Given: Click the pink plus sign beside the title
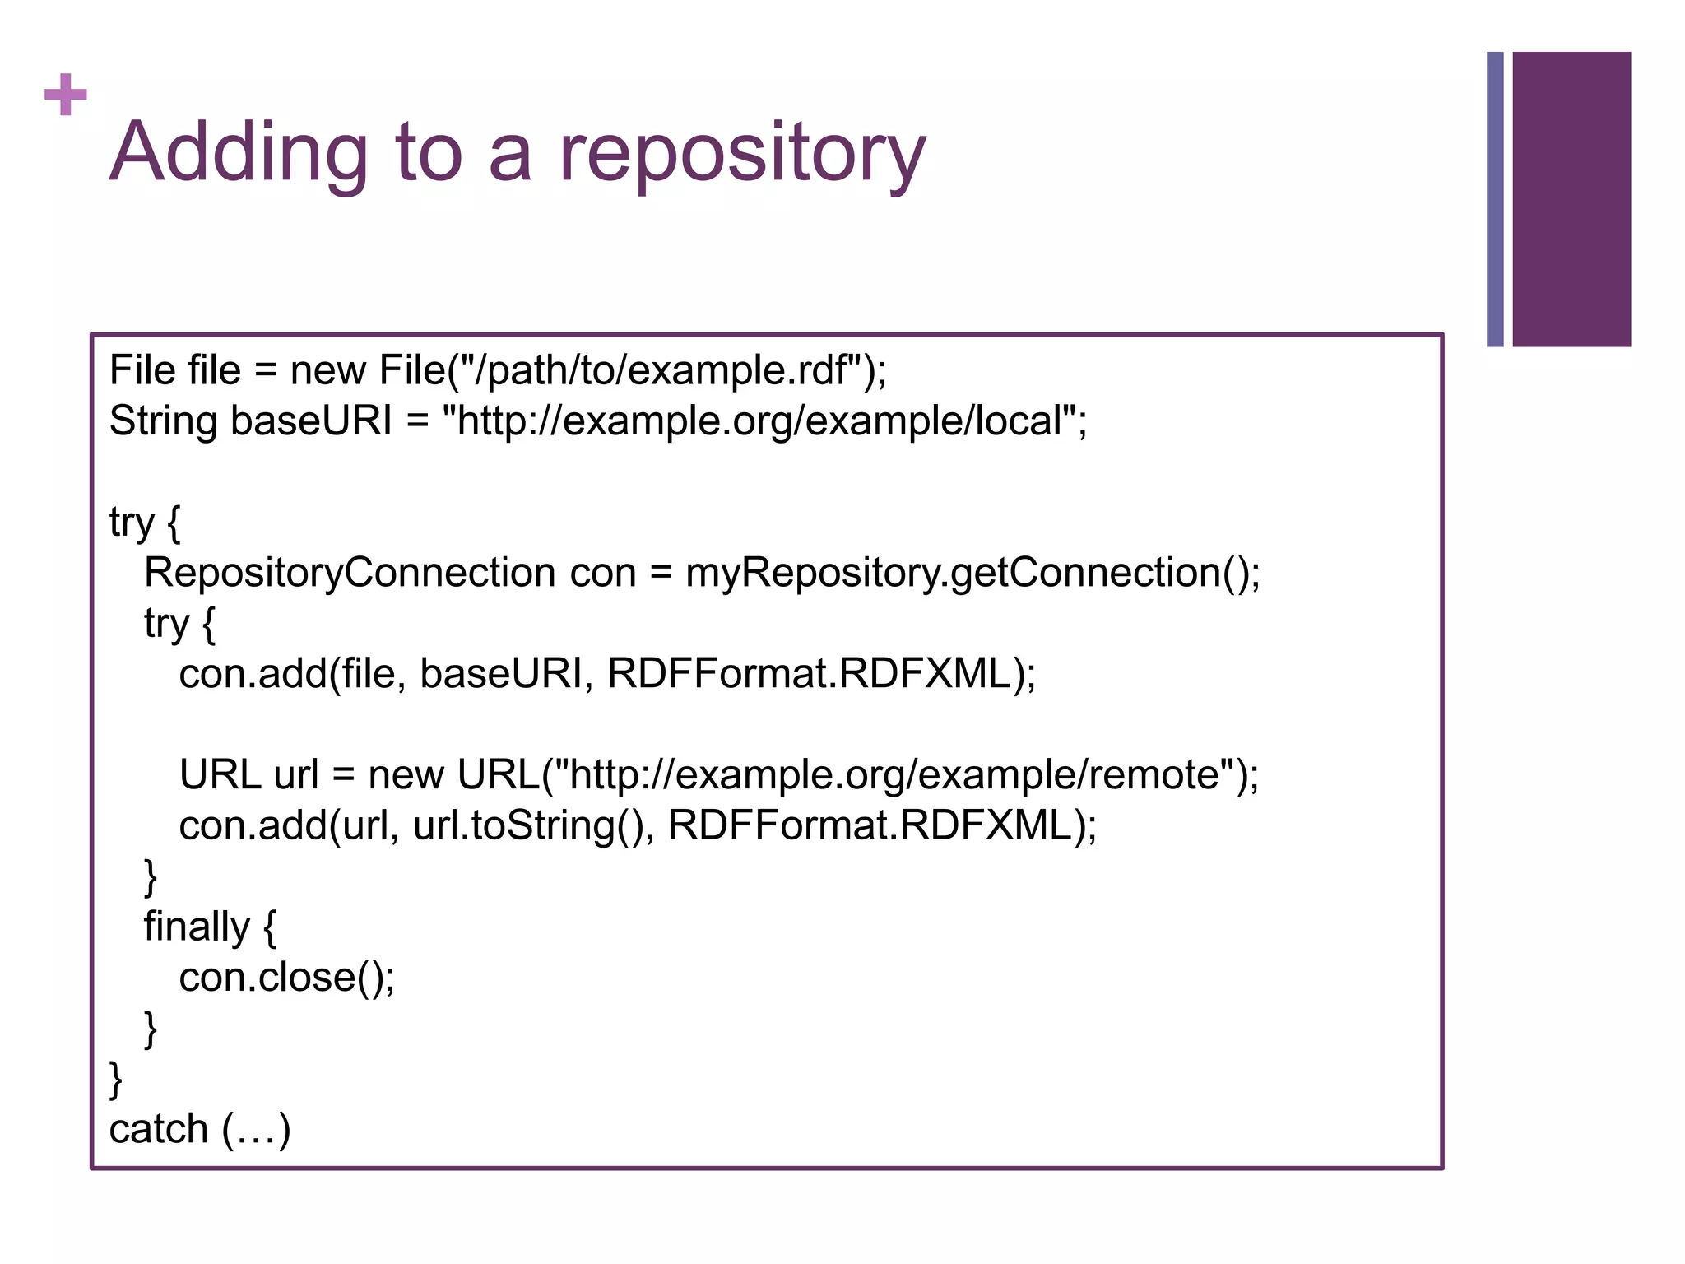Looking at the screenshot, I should [x=65, y=95].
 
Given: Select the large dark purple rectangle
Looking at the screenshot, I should [x=1571, y=199].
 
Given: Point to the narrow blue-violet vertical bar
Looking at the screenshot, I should [x=1494, y=199].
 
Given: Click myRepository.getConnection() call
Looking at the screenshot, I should [x=971, y=573].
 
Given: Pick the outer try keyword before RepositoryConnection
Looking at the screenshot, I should [x=131, y=523].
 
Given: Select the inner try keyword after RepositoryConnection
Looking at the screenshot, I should [x=166, y=624].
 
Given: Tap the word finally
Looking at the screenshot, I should [x=196, y=927].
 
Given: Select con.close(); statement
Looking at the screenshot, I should [x=286, y=978].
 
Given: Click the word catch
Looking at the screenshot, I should [x=158, y=1129].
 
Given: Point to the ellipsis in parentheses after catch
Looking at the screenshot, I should [x=256, y=1131].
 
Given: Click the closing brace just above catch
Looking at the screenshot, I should [x=116, y=1079].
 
